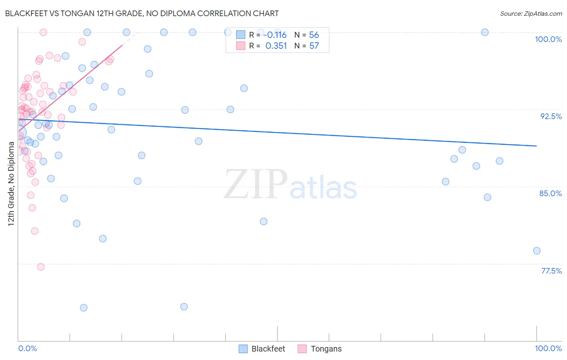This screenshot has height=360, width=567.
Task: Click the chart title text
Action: pos(142,13)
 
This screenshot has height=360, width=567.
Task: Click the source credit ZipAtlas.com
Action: pos(531,13)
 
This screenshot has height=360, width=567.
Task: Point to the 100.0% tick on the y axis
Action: pos(548,39)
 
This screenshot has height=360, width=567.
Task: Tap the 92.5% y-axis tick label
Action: pos(551,116)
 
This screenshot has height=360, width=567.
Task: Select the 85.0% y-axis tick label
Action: pos(550,193)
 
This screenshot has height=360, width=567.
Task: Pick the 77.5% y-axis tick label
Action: pos(551,271)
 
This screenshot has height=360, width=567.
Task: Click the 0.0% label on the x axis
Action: pos(27,348)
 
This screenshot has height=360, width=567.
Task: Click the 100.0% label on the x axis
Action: pos(548,348)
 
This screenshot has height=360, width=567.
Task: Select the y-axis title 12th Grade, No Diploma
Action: pos(11,184)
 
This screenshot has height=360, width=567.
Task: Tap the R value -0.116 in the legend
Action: pos(276,35)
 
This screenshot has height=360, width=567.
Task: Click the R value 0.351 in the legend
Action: pos(276,46)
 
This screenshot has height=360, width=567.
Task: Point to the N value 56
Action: pos(314,35)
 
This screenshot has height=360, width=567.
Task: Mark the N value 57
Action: pos(314,46)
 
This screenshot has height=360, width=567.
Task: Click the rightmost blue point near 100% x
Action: pos(537,251)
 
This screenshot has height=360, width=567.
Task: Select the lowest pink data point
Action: pos(41,267)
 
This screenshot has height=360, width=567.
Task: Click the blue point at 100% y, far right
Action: pos(485,32)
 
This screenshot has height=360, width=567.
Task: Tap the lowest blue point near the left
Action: pos(84,308)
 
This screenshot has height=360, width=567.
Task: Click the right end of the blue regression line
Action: pos(537,146)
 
